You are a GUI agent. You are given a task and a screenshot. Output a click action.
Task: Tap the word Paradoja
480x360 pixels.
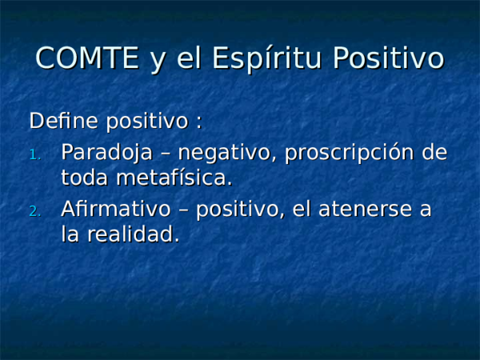tap(106, 152)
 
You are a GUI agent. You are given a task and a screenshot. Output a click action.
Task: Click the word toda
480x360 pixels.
tap(86, 177)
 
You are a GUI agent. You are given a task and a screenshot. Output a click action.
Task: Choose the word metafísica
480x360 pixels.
tap(174, 177)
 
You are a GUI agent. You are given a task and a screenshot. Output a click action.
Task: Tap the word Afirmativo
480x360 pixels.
tap(115, 210)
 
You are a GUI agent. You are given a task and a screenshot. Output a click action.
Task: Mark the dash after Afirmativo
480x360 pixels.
tap(183, 210)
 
